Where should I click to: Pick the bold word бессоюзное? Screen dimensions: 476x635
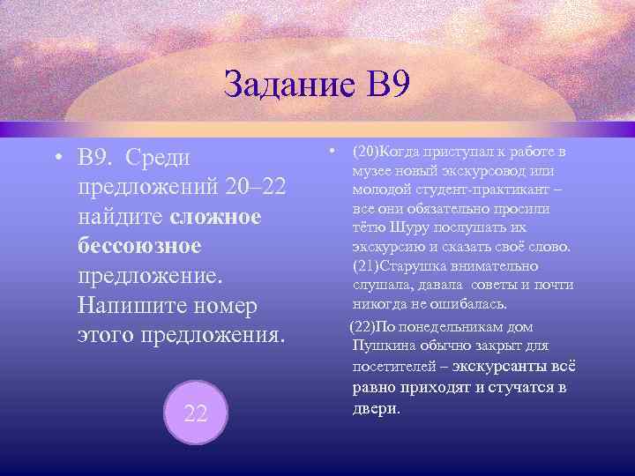140,246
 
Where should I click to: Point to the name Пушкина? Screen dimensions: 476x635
381,346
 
